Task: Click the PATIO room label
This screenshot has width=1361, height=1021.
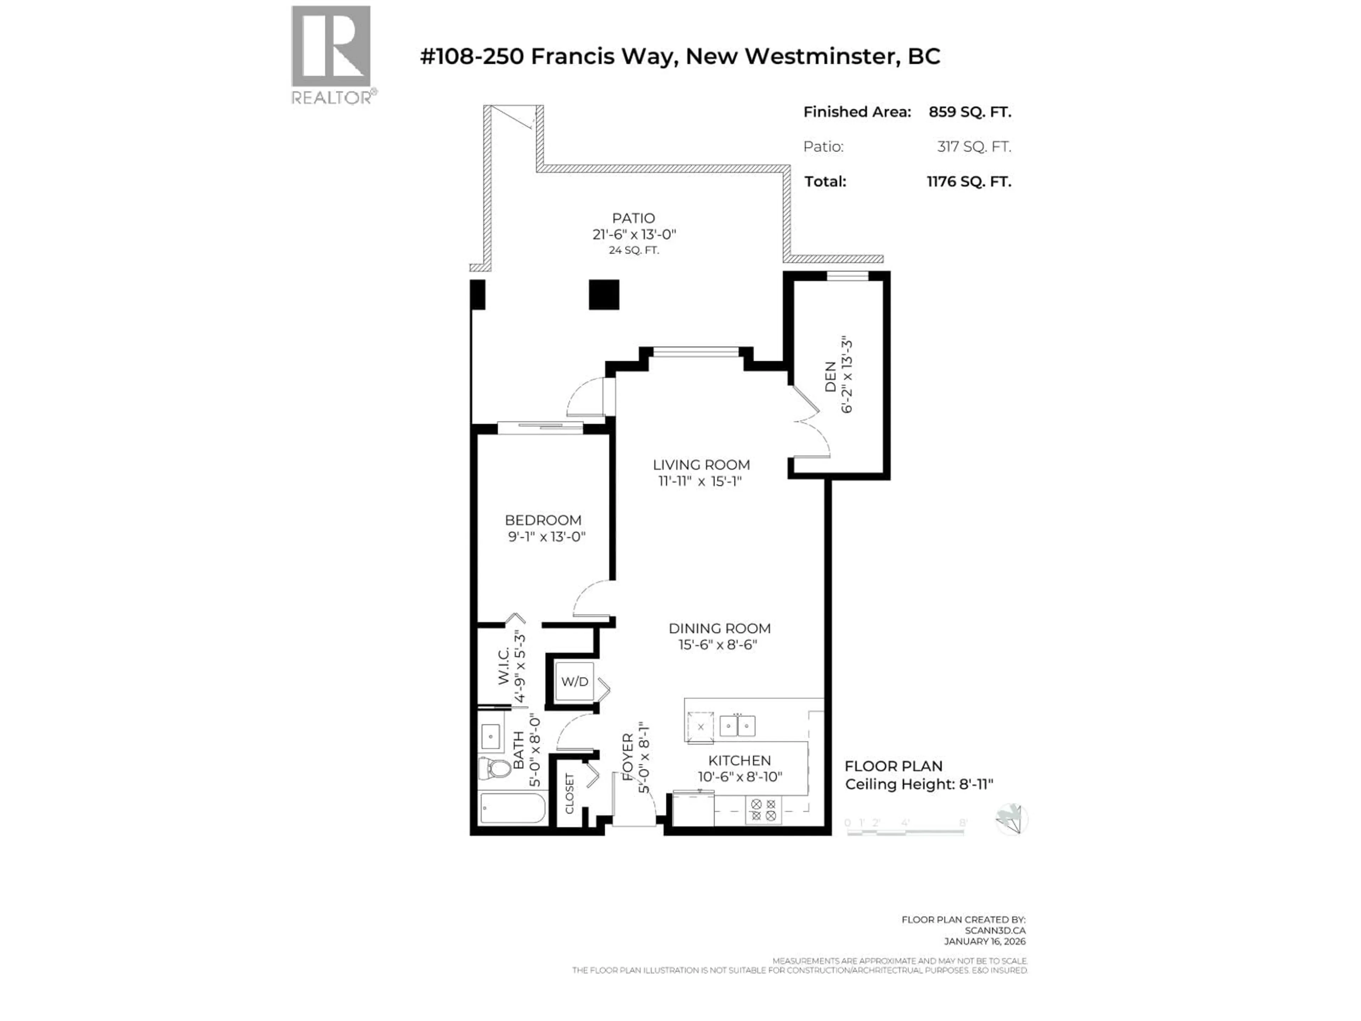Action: (633, 218)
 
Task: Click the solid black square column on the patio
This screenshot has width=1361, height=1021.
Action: (604, 295)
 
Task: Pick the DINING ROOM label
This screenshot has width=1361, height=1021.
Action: (719, 628)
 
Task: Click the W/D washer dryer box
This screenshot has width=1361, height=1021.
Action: (575, 682)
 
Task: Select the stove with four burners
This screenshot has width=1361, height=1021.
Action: (763, 810)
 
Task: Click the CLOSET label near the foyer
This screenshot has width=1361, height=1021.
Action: (569, 794)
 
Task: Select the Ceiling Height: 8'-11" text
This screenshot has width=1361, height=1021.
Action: (919, 785)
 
